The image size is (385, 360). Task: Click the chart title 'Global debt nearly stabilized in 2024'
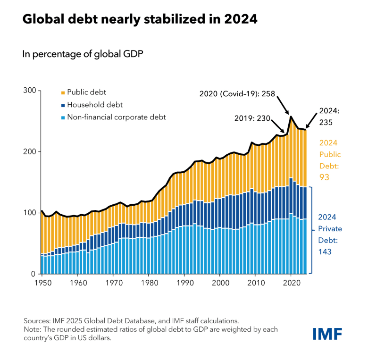[140, 19]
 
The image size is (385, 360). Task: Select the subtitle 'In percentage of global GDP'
[83, 54]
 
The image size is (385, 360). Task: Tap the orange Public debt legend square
[63, 92]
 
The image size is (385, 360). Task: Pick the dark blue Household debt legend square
[63, 105]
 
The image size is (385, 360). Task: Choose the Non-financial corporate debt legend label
[117, 117]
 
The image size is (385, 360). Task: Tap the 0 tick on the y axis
[33, 274]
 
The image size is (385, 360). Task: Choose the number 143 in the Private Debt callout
[325, 252]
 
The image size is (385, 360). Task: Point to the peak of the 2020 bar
[291, 117]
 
